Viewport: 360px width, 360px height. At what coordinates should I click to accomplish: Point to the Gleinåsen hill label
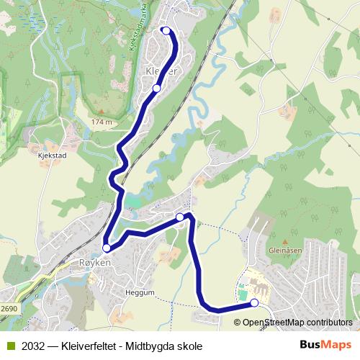click(284, 251)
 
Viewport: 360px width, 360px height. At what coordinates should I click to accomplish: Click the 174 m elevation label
click(102, 122)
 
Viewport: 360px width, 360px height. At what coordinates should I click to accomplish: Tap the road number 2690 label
click(9, 308)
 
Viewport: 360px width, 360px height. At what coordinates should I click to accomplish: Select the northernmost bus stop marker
click(166, 30)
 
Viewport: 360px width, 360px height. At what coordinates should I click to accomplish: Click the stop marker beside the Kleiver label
click(156, 89)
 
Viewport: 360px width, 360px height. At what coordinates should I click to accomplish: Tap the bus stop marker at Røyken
click(107, 248)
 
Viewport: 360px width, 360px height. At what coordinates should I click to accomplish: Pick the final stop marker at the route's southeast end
click(254, 303)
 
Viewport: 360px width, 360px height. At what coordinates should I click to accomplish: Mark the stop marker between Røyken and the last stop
click(180, 217)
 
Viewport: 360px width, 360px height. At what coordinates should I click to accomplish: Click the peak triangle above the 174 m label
click(102, 112)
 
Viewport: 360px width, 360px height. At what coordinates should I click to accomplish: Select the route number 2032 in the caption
click(32, 346)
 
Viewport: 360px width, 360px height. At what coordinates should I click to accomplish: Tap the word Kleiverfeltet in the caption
click(91, 346)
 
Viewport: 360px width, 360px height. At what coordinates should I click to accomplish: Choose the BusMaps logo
click(325, 345)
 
